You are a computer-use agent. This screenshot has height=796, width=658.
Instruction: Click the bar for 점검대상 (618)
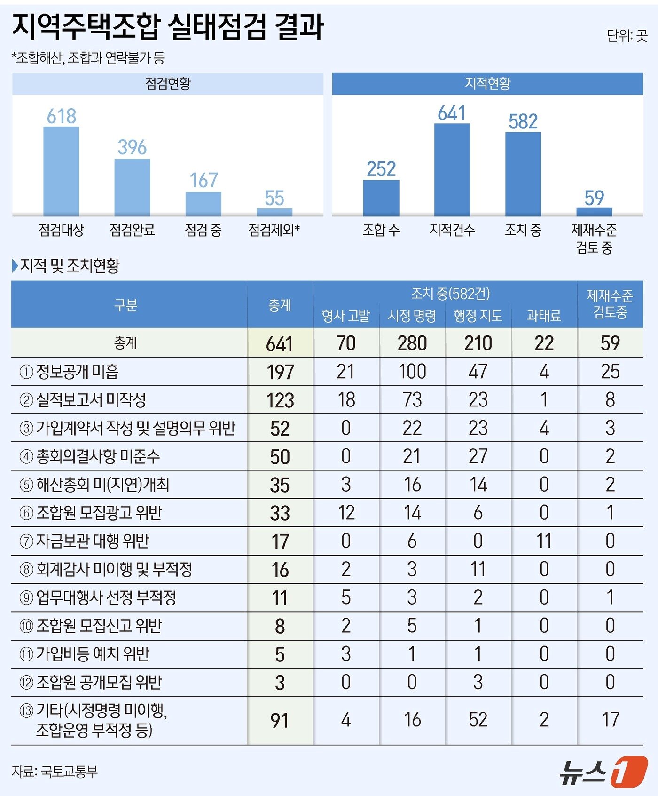61,171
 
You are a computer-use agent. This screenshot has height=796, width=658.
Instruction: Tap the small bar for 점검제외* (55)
274,212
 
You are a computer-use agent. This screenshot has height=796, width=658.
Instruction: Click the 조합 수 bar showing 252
381,198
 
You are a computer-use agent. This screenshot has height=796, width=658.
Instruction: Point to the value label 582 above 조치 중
523,121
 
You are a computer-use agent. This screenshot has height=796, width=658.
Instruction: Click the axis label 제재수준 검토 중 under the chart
594,239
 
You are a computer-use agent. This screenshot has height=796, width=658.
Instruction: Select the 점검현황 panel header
168,84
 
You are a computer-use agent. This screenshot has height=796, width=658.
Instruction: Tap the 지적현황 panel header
487,83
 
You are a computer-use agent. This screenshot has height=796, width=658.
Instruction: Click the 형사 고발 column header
346,316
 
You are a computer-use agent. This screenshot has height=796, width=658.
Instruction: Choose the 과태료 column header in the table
544,316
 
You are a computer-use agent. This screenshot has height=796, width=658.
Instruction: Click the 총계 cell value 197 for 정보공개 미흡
280,372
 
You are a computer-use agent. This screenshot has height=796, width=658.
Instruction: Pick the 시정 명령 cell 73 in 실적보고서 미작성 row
412,400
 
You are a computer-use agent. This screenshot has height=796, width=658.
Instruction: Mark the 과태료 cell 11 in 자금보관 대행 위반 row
544,541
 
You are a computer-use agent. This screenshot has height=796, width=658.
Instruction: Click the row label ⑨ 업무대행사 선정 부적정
98,597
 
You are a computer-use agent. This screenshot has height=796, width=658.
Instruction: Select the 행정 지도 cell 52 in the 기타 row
478,720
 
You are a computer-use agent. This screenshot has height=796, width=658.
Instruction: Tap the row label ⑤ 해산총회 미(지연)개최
94,485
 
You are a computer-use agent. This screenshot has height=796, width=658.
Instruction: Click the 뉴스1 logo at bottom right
603,772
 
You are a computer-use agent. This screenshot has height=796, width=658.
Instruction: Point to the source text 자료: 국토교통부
55,772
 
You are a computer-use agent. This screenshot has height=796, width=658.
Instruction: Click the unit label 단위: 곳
627,35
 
